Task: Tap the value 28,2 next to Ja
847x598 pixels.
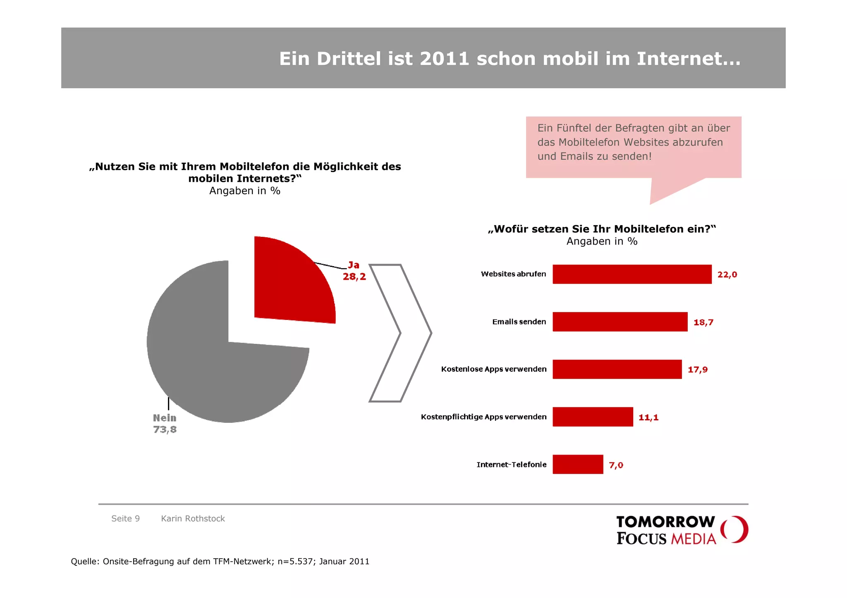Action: point(354,277)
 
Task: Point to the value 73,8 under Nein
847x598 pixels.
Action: point(165,430)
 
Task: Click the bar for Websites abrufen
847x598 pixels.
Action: point(632,274)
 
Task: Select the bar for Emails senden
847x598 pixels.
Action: point(620,322)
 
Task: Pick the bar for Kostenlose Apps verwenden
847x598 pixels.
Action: point(617,369)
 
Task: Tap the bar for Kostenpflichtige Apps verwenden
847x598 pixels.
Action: point(592,417)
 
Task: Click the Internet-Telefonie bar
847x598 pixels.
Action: point(577,465)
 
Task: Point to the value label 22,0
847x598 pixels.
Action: point(727,275)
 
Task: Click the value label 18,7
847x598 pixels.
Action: point(703,322)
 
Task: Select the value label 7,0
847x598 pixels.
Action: point(616,465)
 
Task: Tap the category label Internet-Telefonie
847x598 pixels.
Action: point(511,465)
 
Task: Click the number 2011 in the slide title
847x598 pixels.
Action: point(444,59)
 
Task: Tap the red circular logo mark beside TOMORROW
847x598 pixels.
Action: point(735,529)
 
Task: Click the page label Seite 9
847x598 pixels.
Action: point(125,519)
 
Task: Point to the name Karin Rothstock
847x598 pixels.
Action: point(193,519)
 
